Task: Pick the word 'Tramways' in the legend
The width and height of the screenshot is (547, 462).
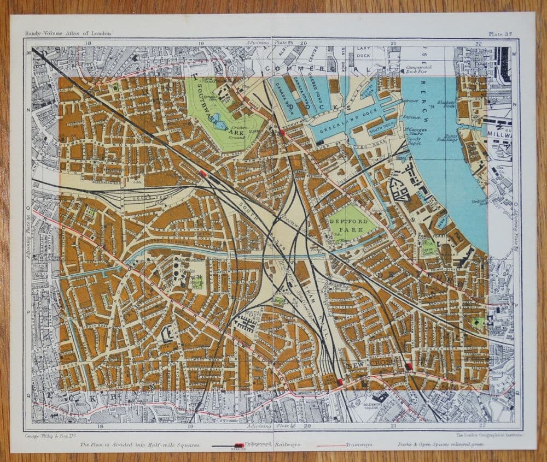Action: point(359,445)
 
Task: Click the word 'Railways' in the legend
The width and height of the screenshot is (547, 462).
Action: point(288,445)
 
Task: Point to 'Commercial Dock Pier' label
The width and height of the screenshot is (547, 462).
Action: point(419,69)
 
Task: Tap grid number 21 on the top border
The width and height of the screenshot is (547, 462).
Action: point(394,43)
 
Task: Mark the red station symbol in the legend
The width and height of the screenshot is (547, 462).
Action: point(238,445)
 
